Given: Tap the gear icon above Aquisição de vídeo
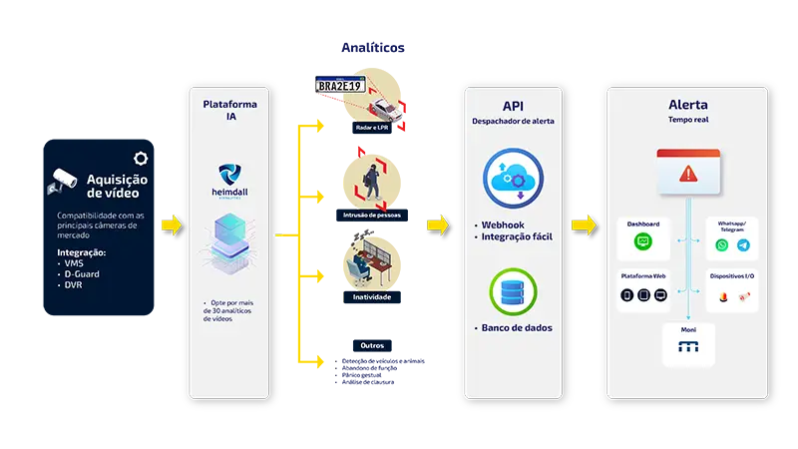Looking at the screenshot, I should [142, 158].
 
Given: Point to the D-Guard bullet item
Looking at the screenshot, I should [80, 273].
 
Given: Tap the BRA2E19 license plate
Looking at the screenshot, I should [341, 85].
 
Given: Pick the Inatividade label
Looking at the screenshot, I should [372, 296].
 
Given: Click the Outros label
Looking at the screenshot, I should [370, 346].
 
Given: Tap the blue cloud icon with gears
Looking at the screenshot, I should [514, 177].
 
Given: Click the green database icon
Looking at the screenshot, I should [514, 289].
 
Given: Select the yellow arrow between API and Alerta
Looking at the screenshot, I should [584, 224].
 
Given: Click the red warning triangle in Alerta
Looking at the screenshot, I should [687, 174].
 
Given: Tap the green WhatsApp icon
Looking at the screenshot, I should [722, 244].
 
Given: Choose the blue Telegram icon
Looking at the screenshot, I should [742, 244].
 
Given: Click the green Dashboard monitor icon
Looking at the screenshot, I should [643, 242].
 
